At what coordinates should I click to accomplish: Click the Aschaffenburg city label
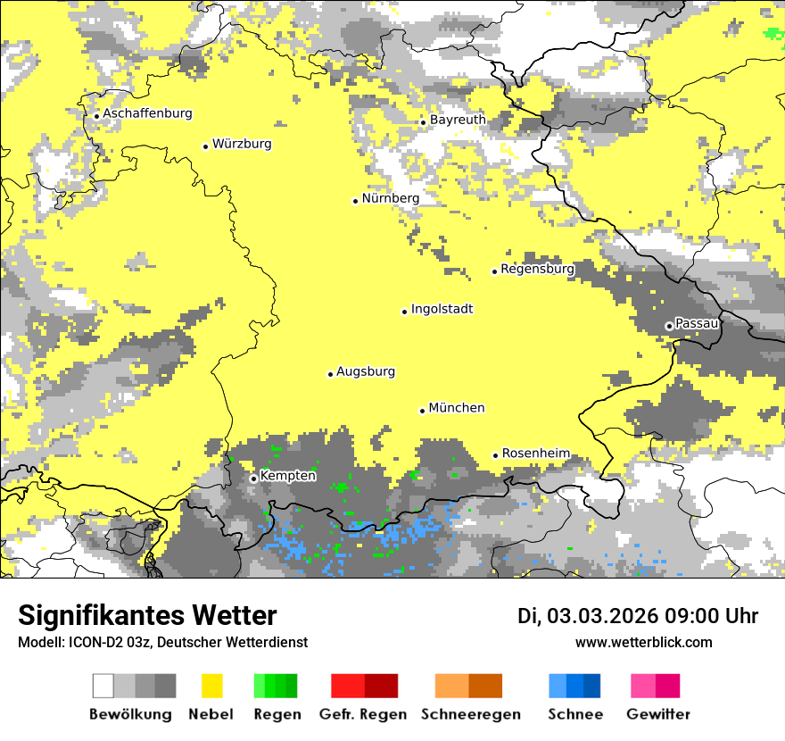pyautogui.click(x=147, y=113)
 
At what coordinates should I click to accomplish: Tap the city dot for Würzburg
pyautogui.click(x=205, y=146)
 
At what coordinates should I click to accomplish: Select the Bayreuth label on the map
pyautogui.click(x=458, y=120)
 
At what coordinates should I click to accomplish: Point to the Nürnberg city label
pyautogui.click(x=390, y=198)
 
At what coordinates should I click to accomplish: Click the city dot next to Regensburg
pyautogui.click(x=494, y=271)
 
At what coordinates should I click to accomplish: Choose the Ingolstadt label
pyautogui.click(x=442, y=309)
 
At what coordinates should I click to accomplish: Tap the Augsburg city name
pyautogui.click(x=365, y=371)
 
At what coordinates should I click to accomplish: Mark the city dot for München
pyautogui.click(x=422, y=411)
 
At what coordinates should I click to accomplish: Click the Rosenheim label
pyautogui.click(x=535, y=454)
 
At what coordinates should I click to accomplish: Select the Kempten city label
pyautogui.click(x=287, y=476)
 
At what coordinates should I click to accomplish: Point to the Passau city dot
pyautogui.click(x=669, y=326)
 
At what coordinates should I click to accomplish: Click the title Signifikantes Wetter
pyautogui.click(x=147, y=615)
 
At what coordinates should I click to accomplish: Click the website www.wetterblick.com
pyautogui.click(x=643, y=642)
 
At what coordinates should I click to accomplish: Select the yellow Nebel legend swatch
pyautogui.click(x=211, y=686)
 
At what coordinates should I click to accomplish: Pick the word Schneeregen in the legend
pyautogui.click(x=470, y=714)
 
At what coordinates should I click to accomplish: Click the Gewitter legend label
pyautogui.click(x=657, y=714)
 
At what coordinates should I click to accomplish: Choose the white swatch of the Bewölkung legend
pyautogui.click(x=103, y=686)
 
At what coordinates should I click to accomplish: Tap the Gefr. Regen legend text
pyautogui.click(x=362, y=714)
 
